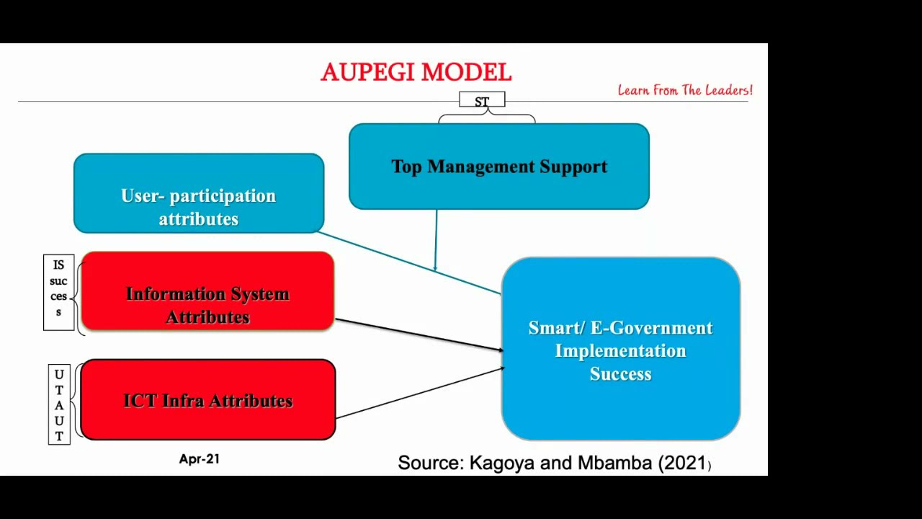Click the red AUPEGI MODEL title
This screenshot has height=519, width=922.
416,73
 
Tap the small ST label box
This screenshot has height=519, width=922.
482,101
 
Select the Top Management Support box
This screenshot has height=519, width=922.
498,167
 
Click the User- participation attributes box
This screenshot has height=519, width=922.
198,193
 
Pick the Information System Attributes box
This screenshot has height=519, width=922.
207,292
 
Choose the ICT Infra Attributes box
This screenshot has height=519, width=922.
207,400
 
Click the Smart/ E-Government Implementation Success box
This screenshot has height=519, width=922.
620,349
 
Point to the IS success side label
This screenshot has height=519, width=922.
58,292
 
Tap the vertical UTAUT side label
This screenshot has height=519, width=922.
59,404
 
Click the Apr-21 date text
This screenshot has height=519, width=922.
199,459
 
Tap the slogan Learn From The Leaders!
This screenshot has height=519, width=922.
684,90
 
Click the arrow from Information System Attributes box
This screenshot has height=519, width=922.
418,334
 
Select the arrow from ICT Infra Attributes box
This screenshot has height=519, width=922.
418,393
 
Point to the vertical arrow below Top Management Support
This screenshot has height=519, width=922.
436,238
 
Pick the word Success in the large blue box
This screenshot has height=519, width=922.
620,374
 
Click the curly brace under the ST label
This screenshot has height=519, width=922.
487,116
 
